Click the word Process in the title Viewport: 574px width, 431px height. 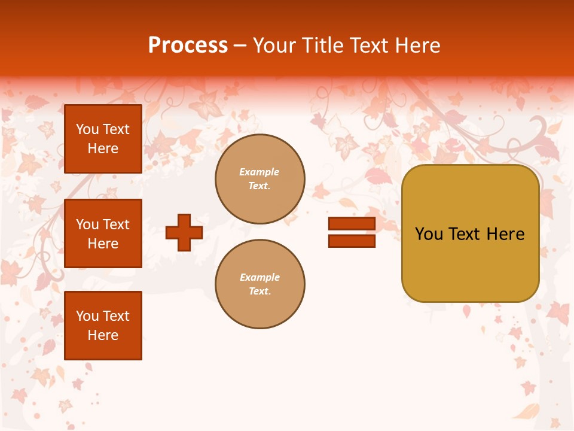(188, 45)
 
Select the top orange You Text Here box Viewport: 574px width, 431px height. (103, 139)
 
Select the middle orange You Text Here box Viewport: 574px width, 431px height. (103, 233)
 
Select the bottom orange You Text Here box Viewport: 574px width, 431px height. (103, 326)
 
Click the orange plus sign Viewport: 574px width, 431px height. (184, 232)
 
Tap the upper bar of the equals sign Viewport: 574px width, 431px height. (352, 223)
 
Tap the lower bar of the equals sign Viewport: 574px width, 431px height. (352, 241)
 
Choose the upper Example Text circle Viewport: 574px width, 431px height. (260, 179)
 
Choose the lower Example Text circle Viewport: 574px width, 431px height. (260, 284)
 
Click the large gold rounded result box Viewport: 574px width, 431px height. (471, 263)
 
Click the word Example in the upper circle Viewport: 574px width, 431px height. (259, 172)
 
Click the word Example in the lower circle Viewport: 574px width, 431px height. (259, 277)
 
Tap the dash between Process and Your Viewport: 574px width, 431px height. (240, 46)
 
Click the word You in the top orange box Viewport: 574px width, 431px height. (87, 129)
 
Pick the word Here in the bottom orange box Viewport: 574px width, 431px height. (103, 335)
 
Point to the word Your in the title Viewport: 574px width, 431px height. (274, 45)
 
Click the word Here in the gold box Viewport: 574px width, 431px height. (505, 234)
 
